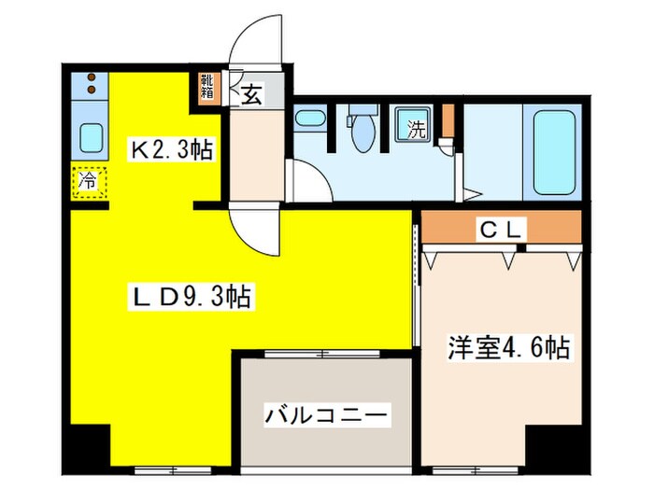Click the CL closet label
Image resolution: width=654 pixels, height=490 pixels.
pos(505,227)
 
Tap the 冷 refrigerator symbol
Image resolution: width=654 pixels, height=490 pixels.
pos(87,180)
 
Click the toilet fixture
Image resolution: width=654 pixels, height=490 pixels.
pos(360,129)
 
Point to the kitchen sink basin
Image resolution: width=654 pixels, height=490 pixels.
pos(91,139)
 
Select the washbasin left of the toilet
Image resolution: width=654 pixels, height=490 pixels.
pos(308,120)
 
